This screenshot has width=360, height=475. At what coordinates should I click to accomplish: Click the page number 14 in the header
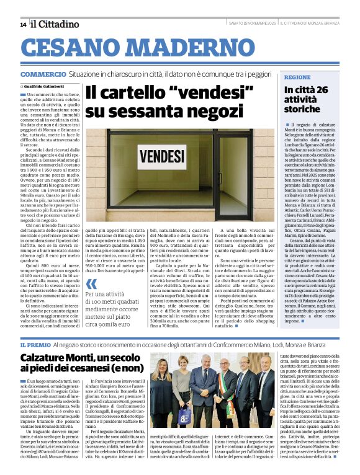[x=23, y=25]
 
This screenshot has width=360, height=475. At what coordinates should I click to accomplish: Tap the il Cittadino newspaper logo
[x=55, y=24]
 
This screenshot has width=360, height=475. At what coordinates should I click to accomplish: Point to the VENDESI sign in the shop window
[x=160, y=155]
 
